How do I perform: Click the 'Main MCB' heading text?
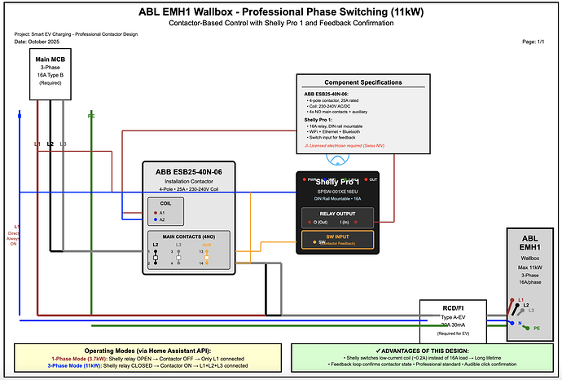[50, 59]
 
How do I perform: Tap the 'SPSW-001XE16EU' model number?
[336, 189]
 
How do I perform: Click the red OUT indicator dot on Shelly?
[366, 179]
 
